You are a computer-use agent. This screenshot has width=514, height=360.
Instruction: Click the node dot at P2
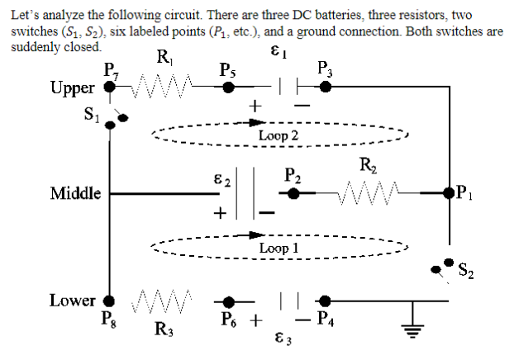click(x=292, y=195)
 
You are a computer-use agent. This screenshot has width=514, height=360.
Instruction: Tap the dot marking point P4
click(x=326, y=301)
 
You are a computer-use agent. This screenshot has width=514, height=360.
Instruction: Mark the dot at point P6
click(x=231, y=301)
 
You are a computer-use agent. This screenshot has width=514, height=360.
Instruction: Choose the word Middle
click(x=75, y=194)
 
